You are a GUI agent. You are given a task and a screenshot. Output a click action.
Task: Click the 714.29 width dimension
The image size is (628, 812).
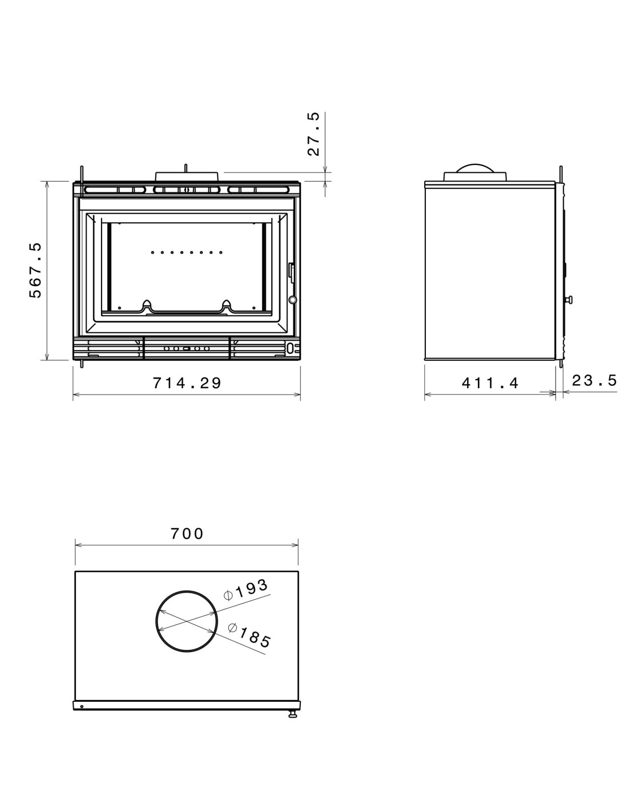tap(187, 383)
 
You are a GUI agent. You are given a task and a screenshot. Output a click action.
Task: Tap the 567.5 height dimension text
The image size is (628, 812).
tap(35, 270)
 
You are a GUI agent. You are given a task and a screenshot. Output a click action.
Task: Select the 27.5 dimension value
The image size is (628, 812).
tap(314, 134)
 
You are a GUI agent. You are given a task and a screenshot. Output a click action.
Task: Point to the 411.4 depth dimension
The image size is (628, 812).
tap(490, 383)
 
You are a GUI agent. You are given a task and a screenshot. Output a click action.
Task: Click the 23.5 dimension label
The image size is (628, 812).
tap(594, 380)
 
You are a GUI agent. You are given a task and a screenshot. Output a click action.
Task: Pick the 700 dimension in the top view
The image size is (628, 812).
tap(187, 533)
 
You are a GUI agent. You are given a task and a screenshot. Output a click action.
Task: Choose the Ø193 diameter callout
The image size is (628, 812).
tap(246, 589)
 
